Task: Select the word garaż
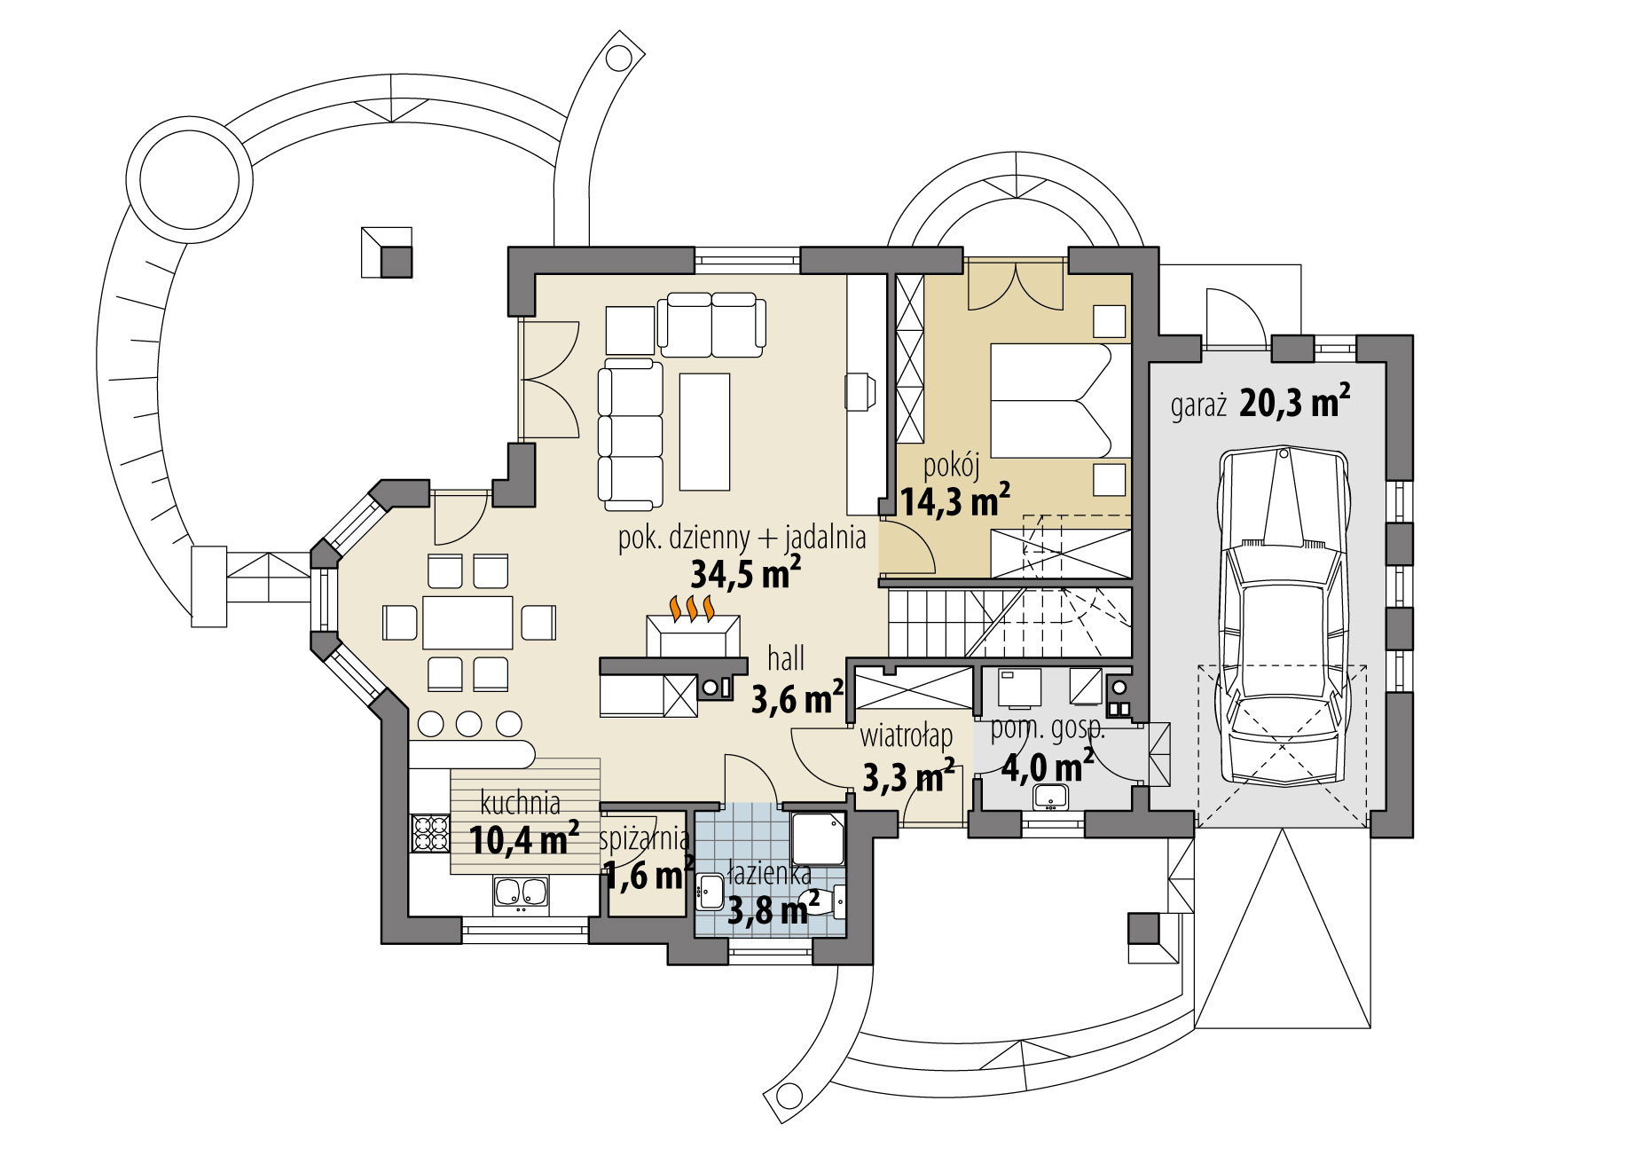click(x=1197, y=407)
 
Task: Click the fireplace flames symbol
click(x=693, y=609)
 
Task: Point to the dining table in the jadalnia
click(x=467, y=623)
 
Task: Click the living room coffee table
click(x=704, y=432)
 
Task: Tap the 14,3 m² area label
click(x=955, y=501)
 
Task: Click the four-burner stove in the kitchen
click(x=430, y=833)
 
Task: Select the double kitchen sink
click(x=521, y=894)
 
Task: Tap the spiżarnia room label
click(x=645, y=838)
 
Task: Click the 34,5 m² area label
click(x=745, y=575)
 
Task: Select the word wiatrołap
click(x=907, y=735)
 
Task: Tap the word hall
click(x=786, y=659)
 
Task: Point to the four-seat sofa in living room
click(x=631, y=435)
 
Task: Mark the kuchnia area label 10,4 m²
click(x=523, y=838)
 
